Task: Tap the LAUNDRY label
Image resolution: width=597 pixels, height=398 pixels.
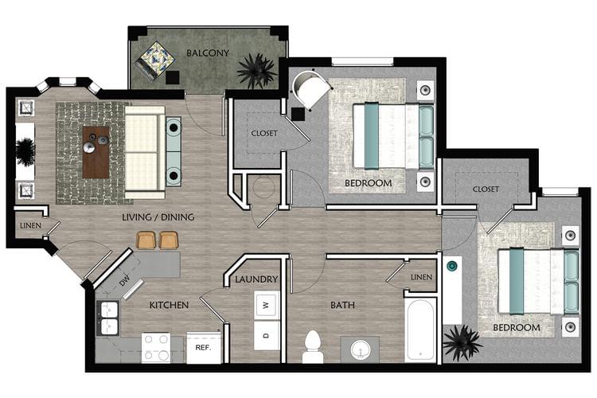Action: pos(256,279)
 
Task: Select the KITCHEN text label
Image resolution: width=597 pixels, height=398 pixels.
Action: pos(168,305)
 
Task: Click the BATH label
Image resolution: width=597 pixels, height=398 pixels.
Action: pos(342,305)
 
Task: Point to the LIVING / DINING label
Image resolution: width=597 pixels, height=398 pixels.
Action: pos(158,217)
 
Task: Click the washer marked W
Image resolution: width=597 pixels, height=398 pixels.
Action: pos(266,303)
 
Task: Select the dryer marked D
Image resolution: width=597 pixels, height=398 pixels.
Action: pos(266,334)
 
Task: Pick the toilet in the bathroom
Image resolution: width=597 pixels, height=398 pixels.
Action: pos(313,346)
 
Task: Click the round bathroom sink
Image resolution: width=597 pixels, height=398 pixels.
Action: pos(360,349)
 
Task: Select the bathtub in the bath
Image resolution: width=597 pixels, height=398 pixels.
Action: pos(420,329)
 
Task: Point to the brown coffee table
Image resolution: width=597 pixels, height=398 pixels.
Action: pos(96,151)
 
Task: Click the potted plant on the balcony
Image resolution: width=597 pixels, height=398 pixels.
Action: pos(256,70)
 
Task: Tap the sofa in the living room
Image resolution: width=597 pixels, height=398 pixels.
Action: pos(145,151)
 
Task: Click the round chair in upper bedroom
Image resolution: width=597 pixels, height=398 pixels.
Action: pos(311,90)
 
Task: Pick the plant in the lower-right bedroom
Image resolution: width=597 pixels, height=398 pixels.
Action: pos(462,342)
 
